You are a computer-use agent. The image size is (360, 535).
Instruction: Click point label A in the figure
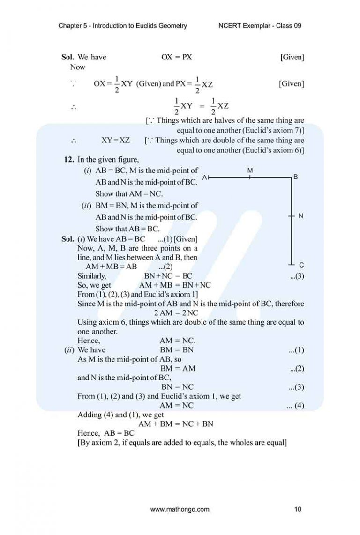coord(204,178)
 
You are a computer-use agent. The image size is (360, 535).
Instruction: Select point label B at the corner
coord(295,177)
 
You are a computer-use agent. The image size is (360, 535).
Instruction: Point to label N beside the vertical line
coord(300,216)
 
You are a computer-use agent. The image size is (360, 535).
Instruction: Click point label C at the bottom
coord(301,265)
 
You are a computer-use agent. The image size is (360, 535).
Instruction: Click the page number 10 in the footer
coord(298,509)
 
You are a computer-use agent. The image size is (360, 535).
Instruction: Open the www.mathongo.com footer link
coord(180,509)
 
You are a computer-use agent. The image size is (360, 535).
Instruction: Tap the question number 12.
coord(68,159)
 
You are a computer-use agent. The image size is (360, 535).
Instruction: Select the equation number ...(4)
coord(295,406)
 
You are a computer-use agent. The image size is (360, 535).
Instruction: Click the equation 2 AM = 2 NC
coord(176,313)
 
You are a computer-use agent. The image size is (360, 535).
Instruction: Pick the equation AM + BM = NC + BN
coord(176,424)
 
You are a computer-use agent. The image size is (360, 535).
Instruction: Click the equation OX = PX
coord(177,57)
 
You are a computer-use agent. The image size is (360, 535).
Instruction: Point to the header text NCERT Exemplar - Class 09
coord(260,26)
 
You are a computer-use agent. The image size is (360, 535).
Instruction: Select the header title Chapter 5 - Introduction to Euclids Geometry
coord(123,26)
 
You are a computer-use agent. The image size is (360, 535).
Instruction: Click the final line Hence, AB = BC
coord(106,433)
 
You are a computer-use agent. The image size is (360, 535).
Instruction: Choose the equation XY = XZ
coord(115,140)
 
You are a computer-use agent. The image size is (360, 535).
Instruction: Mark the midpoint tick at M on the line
coord(250,178)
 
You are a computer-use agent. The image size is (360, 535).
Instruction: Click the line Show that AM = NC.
coord(129,193)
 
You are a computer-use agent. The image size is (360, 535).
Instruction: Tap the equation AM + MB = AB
coord(112,267)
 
